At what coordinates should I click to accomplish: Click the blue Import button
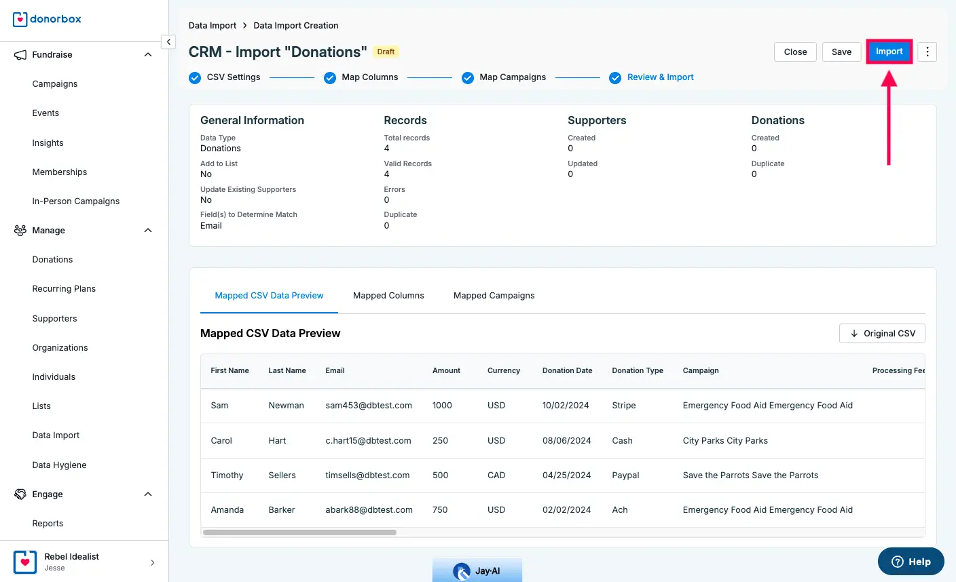[x=889, y=52]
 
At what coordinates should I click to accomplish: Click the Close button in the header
[x=795, y=52]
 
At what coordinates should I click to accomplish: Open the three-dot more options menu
[x=927, y=52]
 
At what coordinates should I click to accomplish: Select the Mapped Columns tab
[x=388, y=296]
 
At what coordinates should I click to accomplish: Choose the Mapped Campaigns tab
[x=494, y=296]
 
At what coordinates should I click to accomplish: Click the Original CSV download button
[x=882, y=334]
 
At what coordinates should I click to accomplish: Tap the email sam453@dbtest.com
[x=369, y=406]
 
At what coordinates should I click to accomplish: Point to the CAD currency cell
[x=496, y=476]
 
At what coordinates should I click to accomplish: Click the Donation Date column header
[x=567, y=371]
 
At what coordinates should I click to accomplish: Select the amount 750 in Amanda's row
[x=440, y=510]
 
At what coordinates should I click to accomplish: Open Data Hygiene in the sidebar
[x=59, y=465]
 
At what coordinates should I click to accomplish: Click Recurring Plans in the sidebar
[x=64, y=289]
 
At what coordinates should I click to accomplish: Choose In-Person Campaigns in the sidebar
[x=75, y=201]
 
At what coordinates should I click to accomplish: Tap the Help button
[x=911, y=562]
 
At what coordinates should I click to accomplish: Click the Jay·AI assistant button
[x=477, y=571]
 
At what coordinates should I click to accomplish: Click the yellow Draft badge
[x=386, y=52]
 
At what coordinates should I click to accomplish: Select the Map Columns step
[x=369, y=77]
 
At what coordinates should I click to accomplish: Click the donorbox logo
[x=47, y=19]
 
